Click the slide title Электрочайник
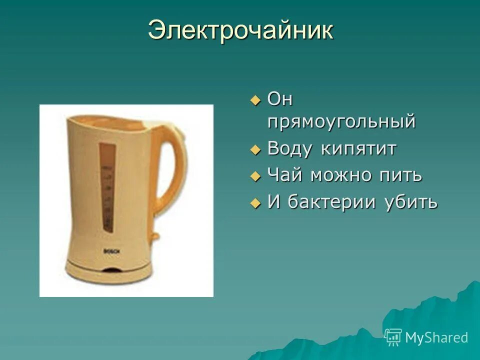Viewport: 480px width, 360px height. [x=240, y=30]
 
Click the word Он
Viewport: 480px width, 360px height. [x=280, y=99]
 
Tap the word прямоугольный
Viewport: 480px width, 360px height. [x=341, y=122]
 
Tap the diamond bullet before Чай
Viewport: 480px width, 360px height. [x=255, y=176]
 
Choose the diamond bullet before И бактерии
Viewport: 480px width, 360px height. [x=255, y=203]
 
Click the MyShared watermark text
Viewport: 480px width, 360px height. [x=436, y=338]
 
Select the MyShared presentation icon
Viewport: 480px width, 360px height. [x=393, y=337]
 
